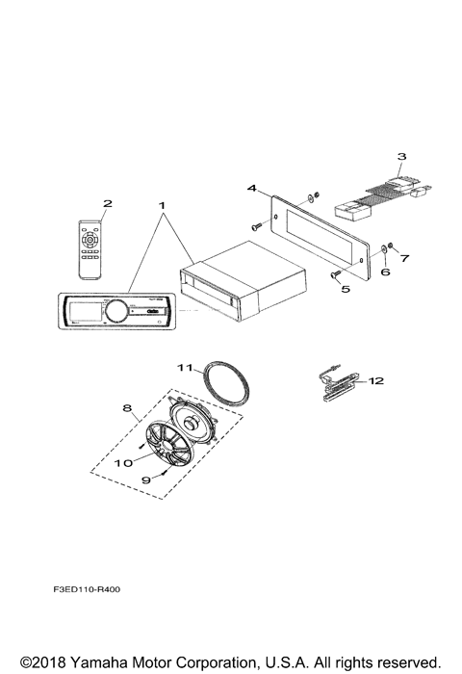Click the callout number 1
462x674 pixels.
(163, 205)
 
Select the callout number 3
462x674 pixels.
(402, 155)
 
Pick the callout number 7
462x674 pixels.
(405, 259)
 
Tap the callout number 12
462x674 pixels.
(376, 381)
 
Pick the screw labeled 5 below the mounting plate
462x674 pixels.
(337, 274)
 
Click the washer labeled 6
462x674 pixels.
(386, 250)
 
